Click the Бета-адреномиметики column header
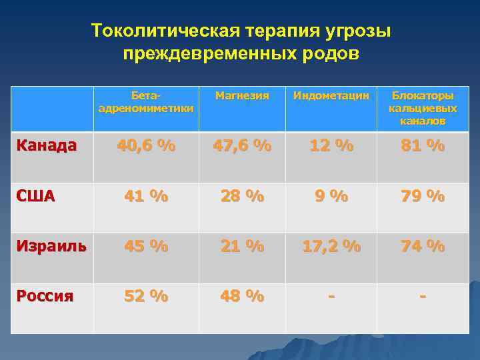[x=146, y=102]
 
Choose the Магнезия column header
[x=242, y=96]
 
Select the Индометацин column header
[x=331, y=96]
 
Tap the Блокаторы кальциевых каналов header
[x=423, y=108]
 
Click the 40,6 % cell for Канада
[x=146, y=146]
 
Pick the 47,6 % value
[x=242, y=146]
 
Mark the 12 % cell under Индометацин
[x=331, y=146]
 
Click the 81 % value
[x=423, y=146]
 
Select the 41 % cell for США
[x=146, y=197]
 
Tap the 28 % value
[x=242, y=197]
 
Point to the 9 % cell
[x=331, y=197]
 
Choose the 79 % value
[x=423, y=197]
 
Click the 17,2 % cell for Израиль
[x=331, y=247]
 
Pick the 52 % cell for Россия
[x=146, y=296]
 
